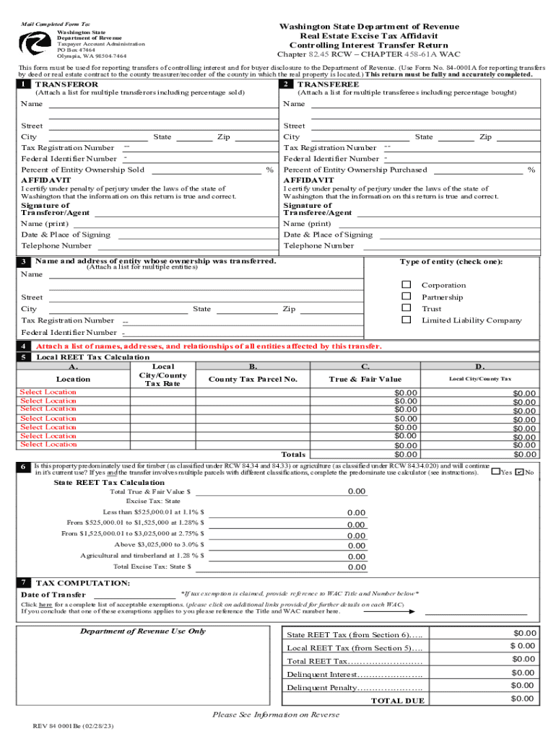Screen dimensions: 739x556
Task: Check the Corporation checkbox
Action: [406, 285]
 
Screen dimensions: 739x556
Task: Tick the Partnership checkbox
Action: [406, 297]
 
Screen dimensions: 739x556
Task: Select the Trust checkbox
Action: [406, 308]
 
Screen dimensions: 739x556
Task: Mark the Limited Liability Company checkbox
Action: [406, 320]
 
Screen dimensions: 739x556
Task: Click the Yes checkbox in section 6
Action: [495, 472]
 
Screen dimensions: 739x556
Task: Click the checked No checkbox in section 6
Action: [519, 472]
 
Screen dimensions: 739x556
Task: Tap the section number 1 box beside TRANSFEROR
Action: [25, 84]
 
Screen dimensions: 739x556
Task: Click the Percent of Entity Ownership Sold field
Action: [205, 170]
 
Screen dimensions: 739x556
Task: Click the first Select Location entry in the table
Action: [48, 392]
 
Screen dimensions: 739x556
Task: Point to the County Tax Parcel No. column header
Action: [253, 379]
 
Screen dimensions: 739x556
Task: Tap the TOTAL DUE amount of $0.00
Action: [523, 699]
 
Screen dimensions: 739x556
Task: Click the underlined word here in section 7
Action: [45, 604]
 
